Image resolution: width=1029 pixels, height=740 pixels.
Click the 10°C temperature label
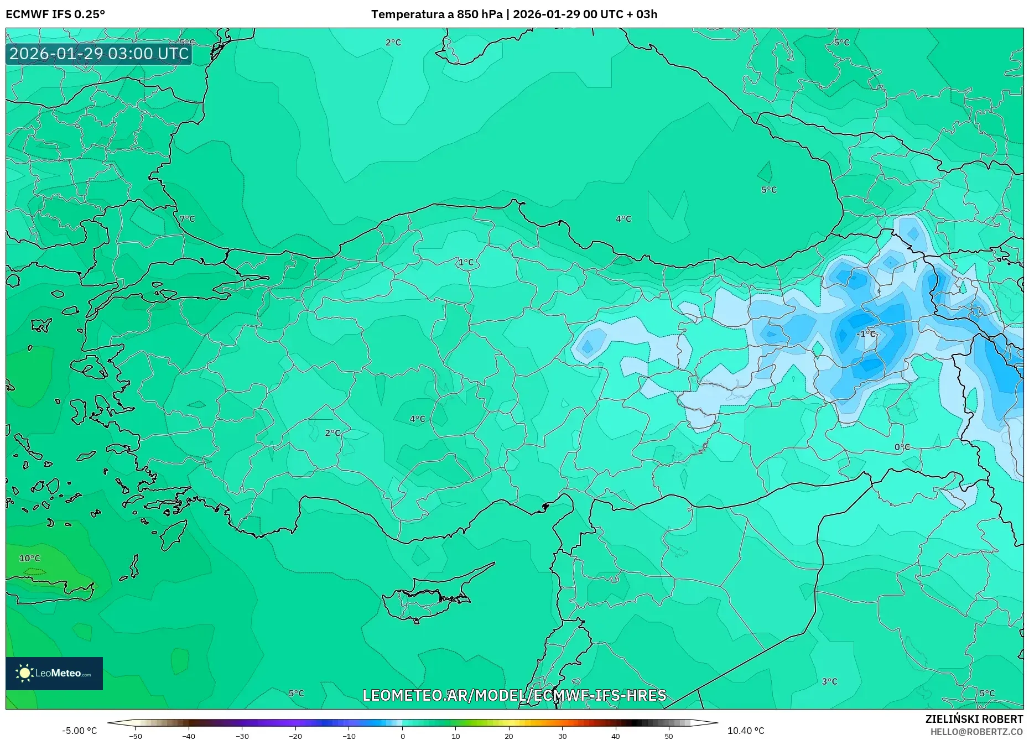(30, 558)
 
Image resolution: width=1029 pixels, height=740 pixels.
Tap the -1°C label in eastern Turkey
(866, 333)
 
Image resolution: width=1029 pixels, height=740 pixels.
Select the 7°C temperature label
(188, 218)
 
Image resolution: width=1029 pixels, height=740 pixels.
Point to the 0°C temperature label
(902, 447)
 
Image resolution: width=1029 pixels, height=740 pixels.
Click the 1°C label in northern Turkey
(466, 262)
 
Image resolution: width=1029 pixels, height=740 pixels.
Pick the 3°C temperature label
(829, 681)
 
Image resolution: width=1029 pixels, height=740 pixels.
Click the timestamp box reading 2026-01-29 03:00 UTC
(99, 54)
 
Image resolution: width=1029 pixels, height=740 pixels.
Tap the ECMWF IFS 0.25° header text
(55, 14)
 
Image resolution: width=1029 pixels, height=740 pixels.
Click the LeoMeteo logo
(54, 673)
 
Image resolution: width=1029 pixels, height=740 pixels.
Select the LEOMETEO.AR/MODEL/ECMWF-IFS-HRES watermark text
(514, 695)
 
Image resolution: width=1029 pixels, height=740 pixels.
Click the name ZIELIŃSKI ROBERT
(974, 719)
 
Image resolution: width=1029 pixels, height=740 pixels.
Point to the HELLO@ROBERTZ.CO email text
(976, 732)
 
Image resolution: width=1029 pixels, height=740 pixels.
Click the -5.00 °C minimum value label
(79, 731)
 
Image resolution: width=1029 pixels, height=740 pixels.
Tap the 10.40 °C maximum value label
(745, 731)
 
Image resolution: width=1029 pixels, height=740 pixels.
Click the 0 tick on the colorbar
(402, 736)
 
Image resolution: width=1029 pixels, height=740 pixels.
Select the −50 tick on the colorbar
(136, 736)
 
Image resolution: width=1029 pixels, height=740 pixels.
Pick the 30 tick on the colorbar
(562, 736)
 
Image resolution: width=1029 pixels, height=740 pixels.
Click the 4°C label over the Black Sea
(623, 218)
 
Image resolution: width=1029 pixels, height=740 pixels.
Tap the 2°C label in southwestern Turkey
(332, 432)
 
